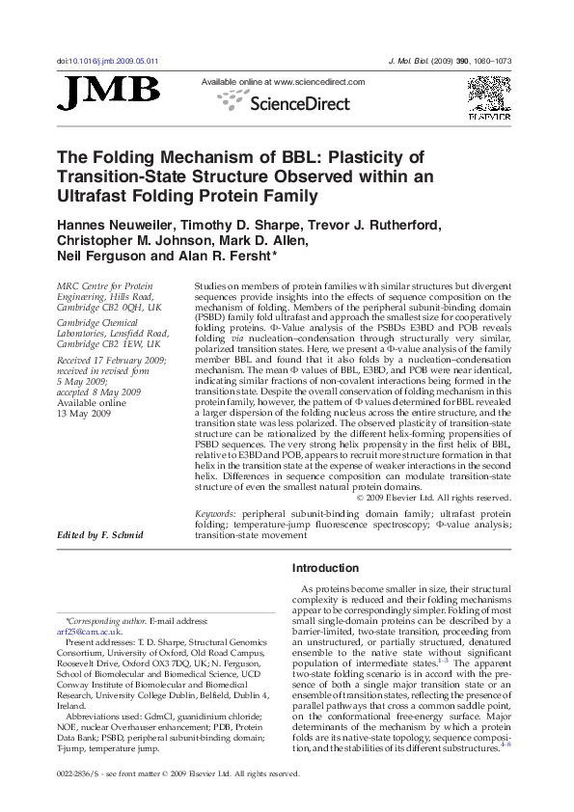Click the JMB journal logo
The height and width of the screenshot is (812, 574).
pyautogui.click(x=109, y=92)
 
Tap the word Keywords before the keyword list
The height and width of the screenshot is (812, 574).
pyautogui.click(x=216, y=515)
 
